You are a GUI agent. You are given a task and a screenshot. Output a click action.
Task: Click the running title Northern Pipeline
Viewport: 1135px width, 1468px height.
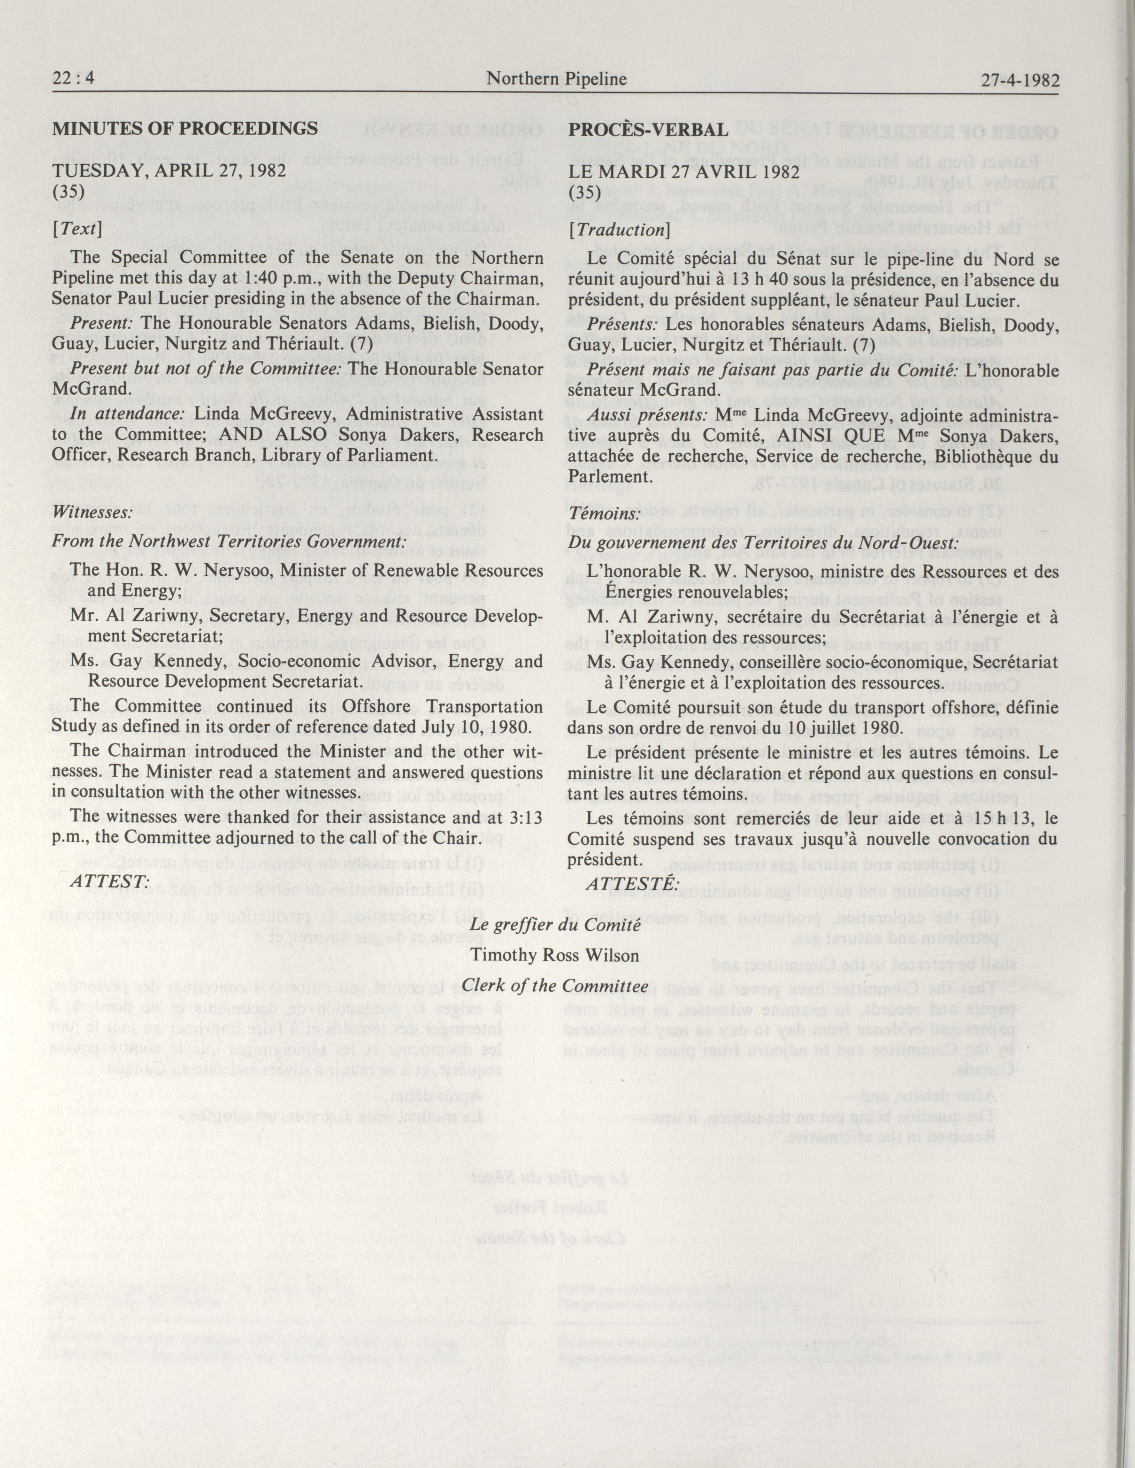(x=556, y=79)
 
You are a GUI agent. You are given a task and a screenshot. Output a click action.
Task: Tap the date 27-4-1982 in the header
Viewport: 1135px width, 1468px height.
(x=1020, y=81)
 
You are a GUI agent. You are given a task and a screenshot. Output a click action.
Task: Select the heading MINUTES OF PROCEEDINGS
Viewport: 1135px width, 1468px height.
(x=185, y=129)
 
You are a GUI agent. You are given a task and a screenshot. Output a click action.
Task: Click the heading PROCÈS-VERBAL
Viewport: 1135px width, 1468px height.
(x=648, y=130)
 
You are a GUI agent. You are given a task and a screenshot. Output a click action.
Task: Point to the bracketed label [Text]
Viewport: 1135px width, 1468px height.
(x=77, y=229)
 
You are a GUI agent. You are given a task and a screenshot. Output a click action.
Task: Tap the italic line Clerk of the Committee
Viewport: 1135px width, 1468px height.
(x=555, y=986)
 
